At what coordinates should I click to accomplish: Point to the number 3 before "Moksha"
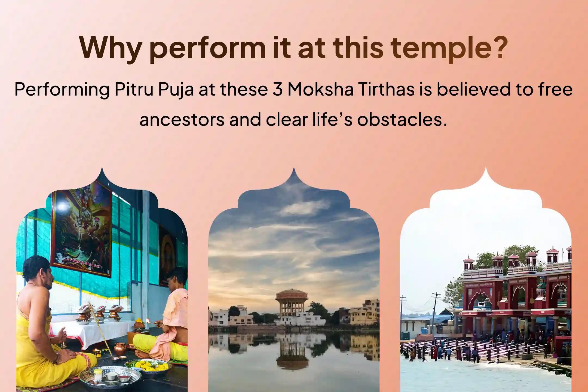point(277,90)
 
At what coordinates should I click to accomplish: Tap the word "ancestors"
point(182,120)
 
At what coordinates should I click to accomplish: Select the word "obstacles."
point(402,120)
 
